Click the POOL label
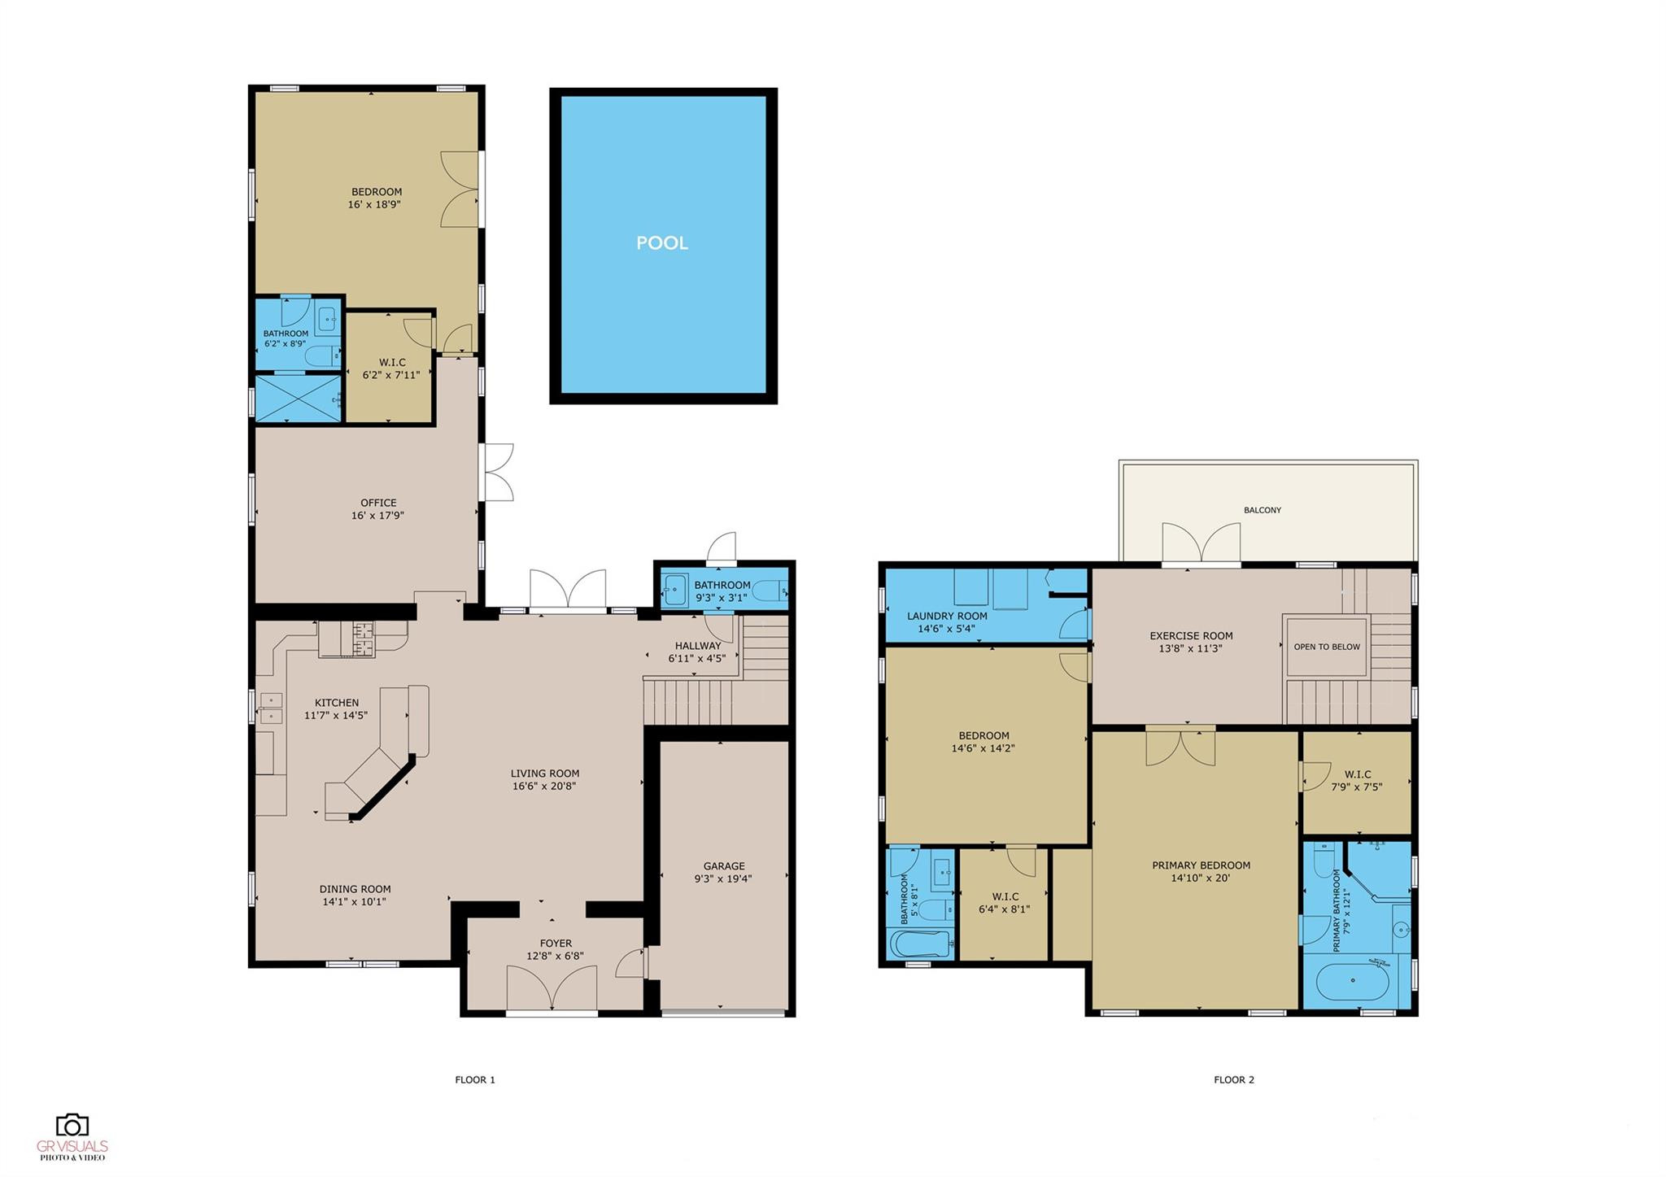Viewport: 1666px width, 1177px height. pos(661,242)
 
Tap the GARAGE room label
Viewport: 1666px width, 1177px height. pos(723,866)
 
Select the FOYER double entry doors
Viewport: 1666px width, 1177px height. pos(552,987)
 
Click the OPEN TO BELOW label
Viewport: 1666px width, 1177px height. pos(1326,647)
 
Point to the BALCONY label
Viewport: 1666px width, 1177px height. pos(1262,510)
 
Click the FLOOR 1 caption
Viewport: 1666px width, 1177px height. pos(474,1080)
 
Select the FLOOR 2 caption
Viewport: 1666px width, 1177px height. pos(1233,1080)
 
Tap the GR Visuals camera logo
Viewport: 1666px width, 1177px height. pos(72,1125)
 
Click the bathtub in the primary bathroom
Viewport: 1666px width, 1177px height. pos(1352,983)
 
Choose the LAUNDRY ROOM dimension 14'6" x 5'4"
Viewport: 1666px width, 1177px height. pos(946,629)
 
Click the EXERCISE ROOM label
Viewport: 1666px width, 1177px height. pos(1190,636)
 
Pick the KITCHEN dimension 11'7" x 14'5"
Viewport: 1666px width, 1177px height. pos(335,716)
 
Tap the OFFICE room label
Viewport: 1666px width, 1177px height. pos(378,503)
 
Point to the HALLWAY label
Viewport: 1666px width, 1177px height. pos(697,646)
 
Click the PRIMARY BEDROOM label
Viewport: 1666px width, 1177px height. pos(1200,865)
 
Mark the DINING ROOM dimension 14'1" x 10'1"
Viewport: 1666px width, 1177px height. pos(354,902)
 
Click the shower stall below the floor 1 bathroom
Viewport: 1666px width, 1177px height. pos(298,398)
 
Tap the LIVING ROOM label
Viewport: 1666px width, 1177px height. pos(544,774)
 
